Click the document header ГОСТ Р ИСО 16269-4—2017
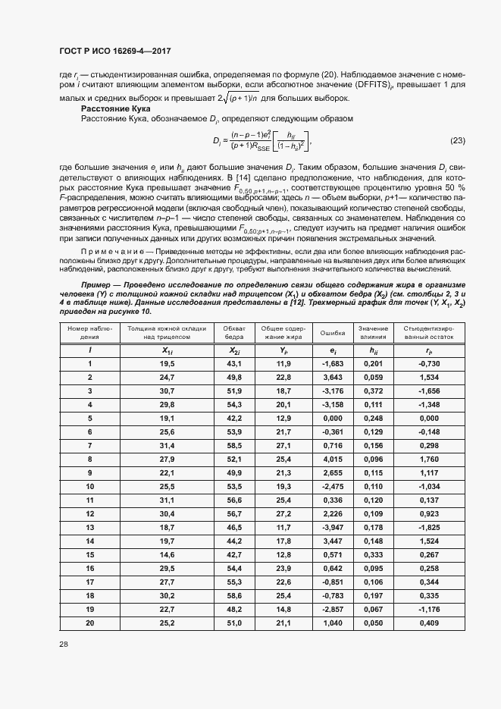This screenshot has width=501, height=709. click(x=115, y=51)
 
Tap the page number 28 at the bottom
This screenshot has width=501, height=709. click(x=64, y=644)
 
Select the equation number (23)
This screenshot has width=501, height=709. click(x=458, y=140)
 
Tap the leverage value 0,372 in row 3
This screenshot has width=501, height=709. click(x=373, y=390)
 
